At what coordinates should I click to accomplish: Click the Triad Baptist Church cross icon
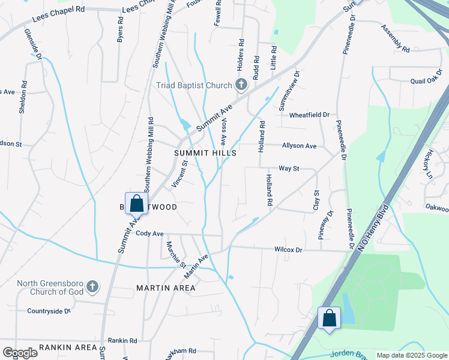click(241, 85)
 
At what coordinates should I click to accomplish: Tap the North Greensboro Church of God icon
click(92, 287)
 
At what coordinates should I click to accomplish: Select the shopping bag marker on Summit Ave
click(136, 204)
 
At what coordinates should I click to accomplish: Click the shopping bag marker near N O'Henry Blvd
click(330, 318)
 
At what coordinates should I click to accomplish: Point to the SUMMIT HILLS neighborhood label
click(205, 153)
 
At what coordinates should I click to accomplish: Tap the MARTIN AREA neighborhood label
click(166, 288)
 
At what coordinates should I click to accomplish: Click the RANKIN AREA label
click(68, 347)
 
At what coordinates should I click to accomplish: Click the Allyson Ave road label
click(299, 146)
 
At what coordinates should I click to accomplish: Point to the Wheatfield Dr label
click(310, 115)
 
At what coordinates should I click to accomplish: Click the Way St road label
click(288, 169)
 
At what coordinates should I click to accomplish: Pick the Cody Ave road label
click(149, 233)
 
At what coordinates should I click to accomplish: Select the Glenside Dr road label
click(32, 45)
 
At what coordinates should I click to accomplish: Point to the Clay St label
click(316, 200)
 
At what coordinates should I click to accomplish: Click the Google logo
click(20, 353)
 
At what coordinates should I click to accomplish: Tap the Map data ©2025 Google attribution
click(412, 355)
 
